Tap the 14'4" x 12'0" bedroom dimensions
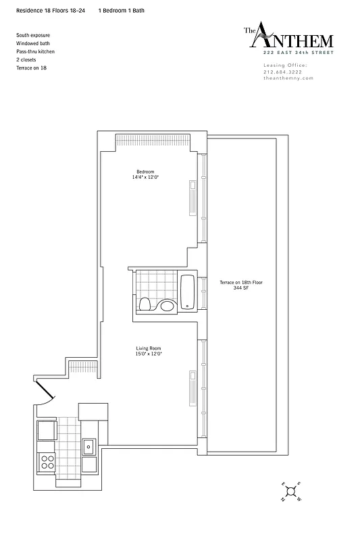pos(146,178)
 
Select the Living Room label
pos(147,348)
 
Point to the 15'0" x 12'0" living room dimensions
pos(147,354)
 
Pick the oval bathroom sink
pos(167,306)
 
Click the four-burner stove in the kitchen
pos(47,462)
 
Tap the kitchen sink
pos(88,446)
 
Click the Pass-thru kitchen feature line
pos(35,51)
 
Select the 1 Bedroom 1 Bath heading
pos(121,11)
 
